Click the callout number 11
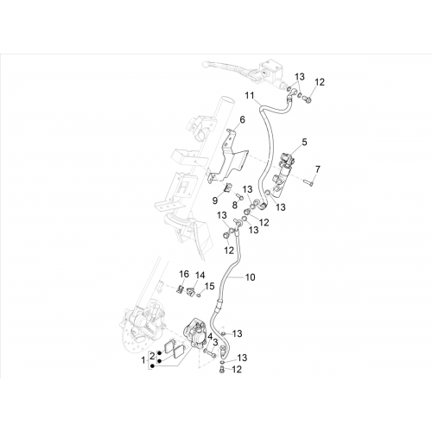(x=250, y=95)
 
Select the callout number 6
(x=242, y=119)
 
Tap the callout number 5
(x=304, y=142)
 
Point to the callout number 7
(x=317, y=169)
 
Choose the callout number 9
(x=215, y=200)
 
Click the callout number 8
(x=235, y=206)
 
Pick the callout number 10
(x=251, y=277)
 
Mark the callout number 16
(x=184, y=274)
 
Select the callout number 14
(x=200, y=276)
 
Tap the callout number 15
(x=210, y=286)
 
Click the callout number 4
(x=210, y=336)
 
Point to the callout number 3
(x=215, y=343)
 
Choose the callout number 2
(x=152, y=355)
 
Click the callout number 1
(x=143, y=360)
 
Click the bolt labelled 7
(x=308, y=181)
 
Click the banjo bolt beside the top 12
(x=308, y=99)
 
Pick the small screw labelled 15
(x=198, y=295)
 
